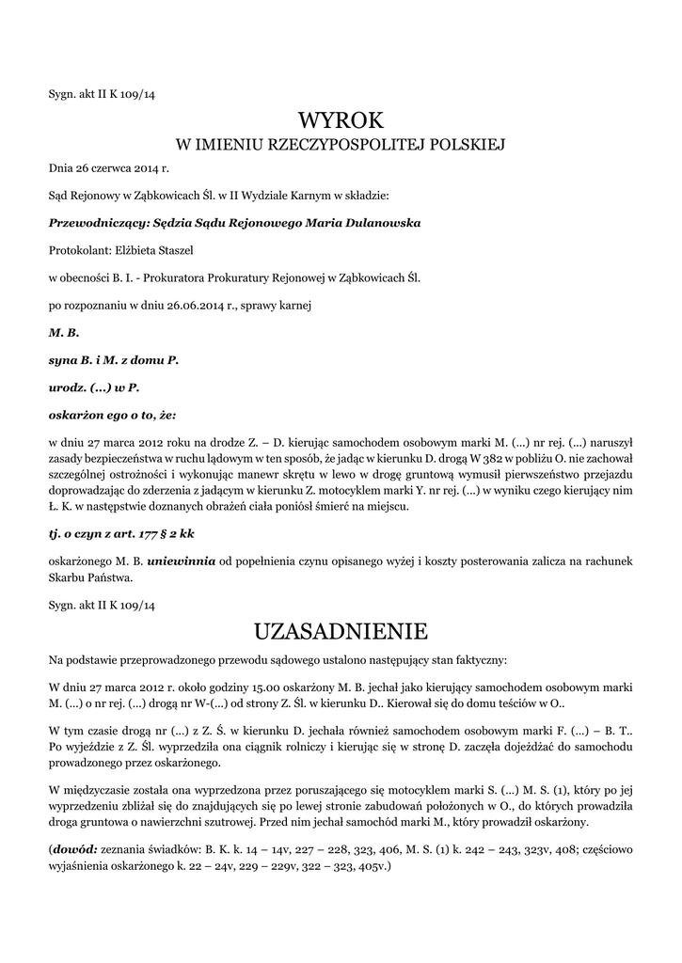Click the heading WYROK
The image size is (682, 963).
[341, 120]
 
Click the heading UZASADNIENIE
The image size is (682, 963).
[341, 628]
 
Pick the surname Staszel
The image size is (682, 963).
[180, 251]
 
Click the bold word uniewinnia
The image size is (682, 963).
[181, 560]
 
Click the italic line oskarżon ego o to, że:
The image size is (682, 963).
[112, 414]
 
